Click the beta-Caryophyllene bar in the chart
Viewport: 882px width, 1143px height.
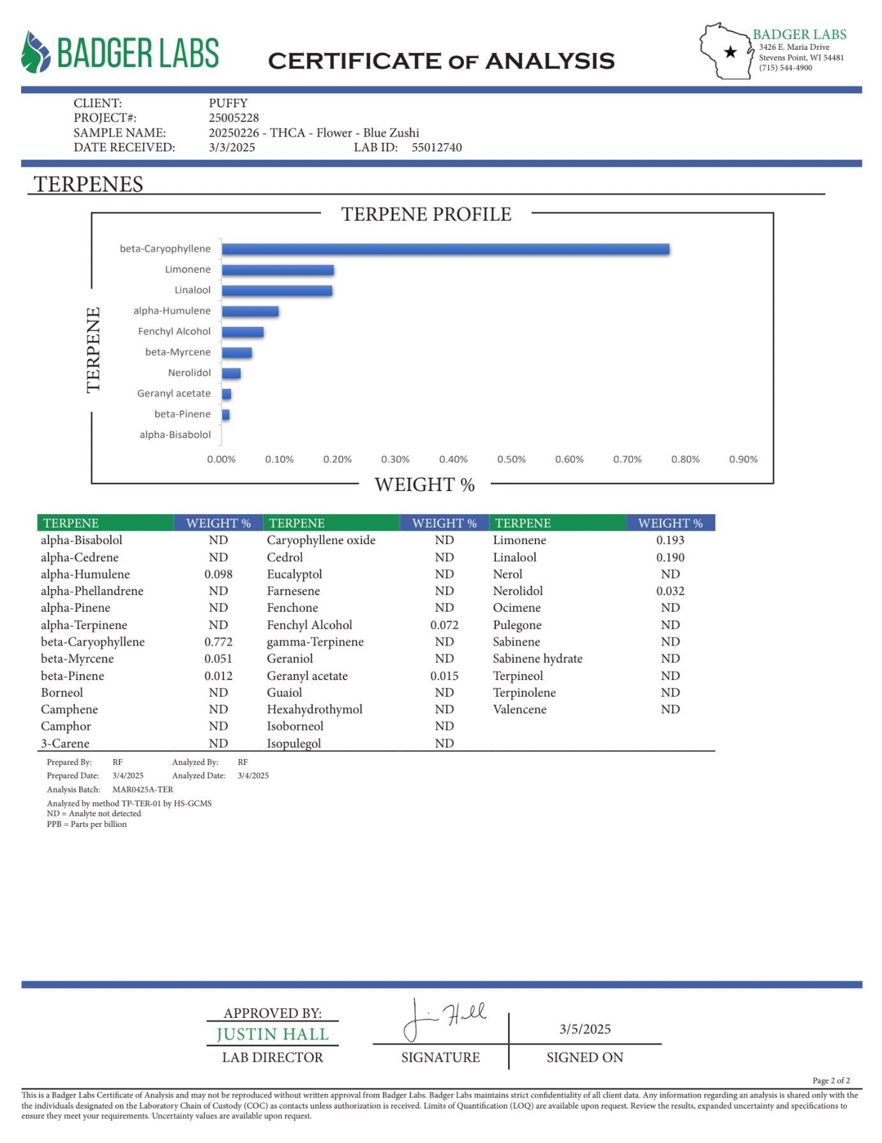[x=445, y=249]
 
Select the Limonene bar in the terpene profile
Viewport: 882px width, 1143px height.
[x=278, y=270]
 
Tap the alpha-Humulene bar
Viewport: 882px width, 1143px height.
[x=250, y=312]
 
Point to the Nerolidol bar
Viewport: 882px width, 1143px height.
[x=231, y=374]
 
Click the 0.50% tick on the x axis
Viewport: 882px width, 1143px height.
[x=511, y=459]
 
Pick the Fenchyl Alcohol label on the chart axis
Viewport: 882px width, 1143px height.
[x=174, y=331]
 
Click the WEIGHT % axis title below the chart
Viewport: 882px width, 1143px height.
[x=424, y=485]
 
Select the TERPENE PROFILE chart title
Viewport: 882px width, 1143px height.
[x=426, y=215]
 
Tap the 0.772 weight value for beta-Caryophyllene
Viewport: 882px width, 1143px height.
[x=218, y=642]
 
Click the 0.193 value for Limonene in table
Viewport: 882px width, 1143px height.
[x=670, y=540]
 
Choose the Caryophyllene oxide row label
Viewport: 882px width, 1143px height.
[x=321, y=540]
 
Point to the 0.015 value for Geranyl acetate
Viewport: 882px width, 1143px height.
[x=444, y=676]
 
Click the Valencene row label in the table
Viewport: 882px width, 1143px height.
[x=519, y=709]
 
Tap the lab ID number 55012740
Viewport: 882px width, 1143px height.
[x=437, y=148]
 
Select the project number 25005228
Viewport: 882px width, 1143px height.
[x=234, y=118]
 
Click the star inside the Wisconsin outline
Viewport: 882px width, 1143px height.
[x=731, y=52]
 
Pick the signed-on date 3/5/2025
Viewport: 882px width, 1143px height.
[x=585, y=1029]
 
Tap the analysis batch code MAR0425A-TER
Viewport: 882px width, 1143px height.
[x=142, y=790]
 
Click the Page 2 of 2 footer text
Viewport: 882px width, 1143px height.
[x=831, y=1080]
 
